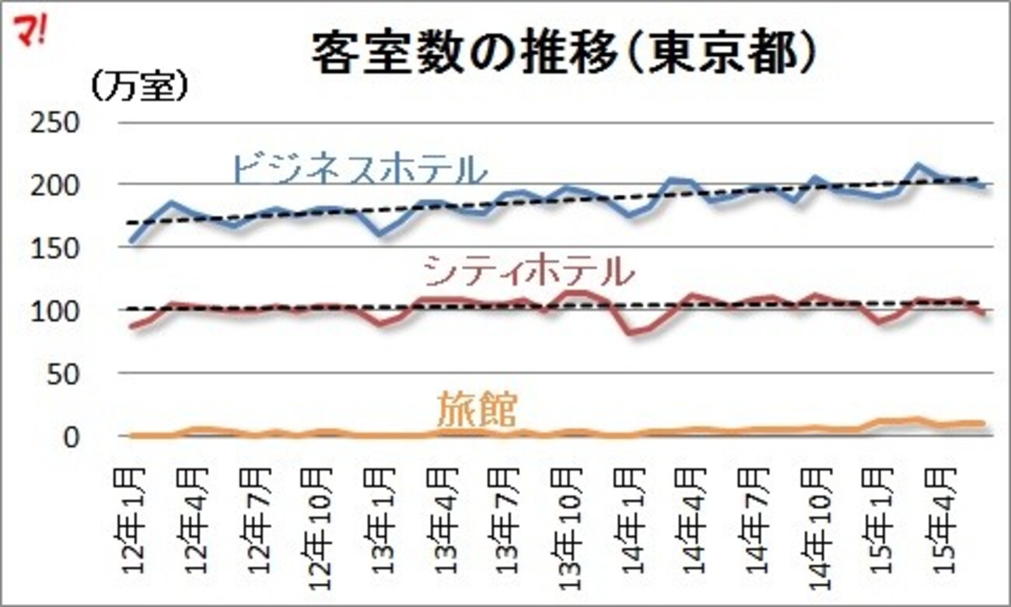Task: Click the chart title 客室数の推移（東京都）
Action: (563, 54)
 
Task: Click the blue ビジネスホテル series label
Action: (359, 169)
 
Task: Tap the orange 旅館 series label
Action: (476, 410)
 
